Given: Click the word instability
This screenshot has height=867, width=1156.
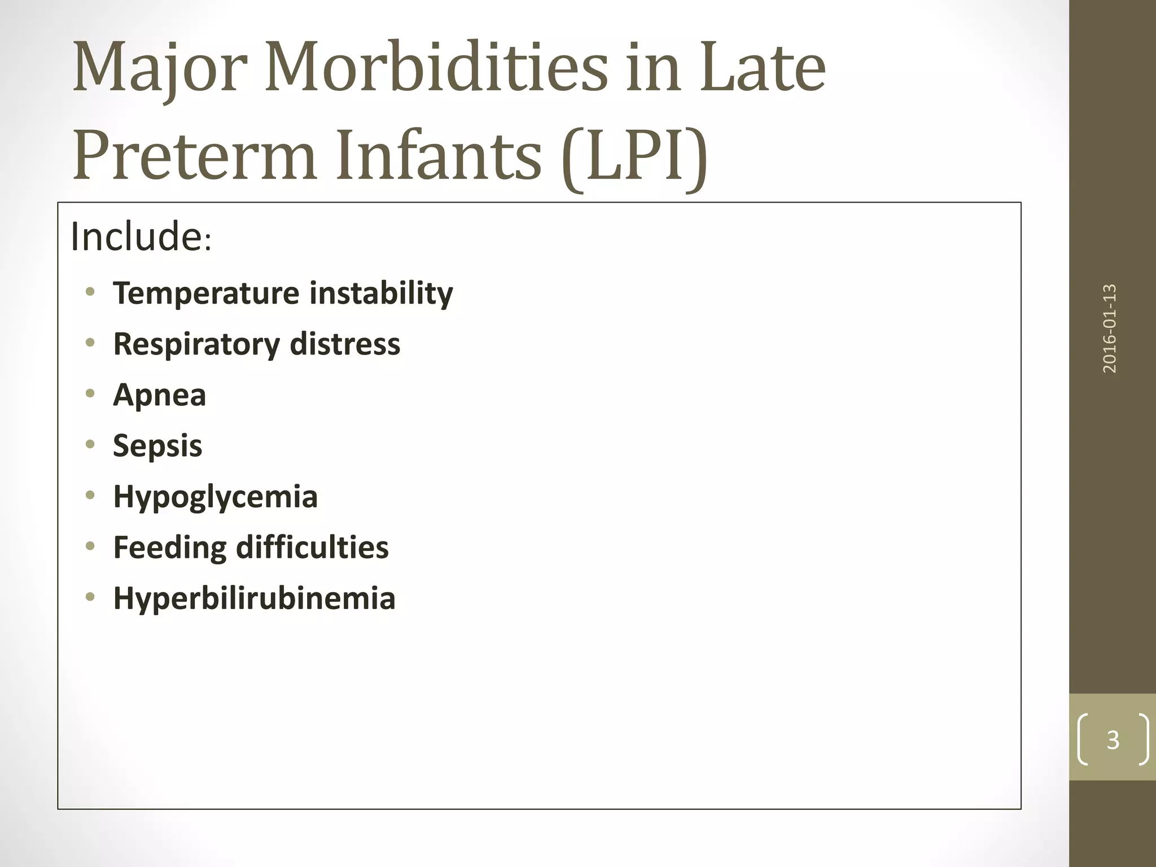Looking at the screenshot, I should click(x=381, y=294).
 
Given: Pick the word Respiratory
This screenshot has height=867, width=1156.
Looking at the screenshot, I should click(x=196, y=344).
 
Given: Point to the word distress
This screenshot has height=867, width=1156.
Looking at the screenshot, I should click(x=345, y=344).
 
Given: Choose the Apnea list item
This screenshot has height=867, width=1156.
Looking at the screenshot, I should click(x=160, y=395).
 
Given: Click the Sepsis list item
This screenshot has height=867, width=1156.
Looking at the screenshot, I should click(x=157, y=446).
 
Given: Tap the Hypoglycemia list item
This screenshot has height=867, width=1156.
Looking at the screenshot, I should click(x=216, y=497).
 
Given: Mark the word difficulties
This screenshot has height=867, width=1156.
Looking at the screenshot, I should click(x=312, y=548).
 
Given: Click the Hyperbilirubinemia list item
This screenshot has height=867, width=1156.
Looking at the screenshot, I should click(x=254, y=598).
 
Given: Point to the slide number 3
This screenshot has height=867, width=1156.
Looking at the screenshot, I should click(x=1113, y=740).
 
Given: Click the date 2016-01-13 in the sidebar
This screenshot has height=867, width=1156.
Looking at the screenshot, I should click(x=1110, y=329).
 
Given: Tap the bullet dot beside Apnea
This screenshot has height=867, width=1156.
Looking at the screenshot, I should click(x=90, y=393).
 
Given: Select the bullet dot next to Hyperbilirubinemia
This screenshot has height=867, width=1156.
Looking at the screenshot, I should click(x=90, y=597).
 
